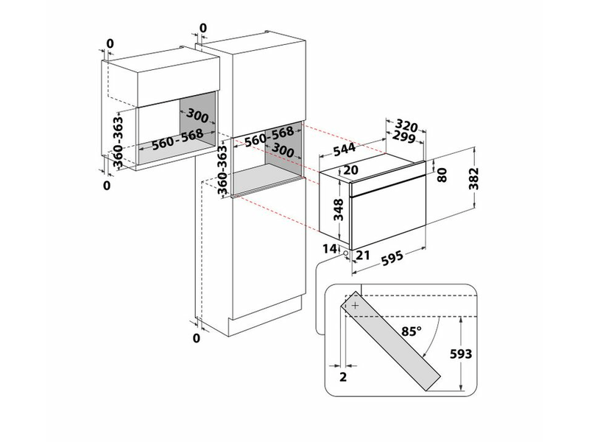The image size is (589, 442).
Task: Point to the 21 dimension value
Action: [x=361, y=255]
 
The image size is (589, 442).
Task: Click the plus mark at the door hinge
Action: [x=356, y=304]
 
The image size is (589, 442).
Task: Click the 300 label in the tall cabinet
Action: [x=282, y=151]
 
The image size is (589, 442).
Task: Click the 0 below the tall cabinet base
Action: [x=197, y=338]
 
